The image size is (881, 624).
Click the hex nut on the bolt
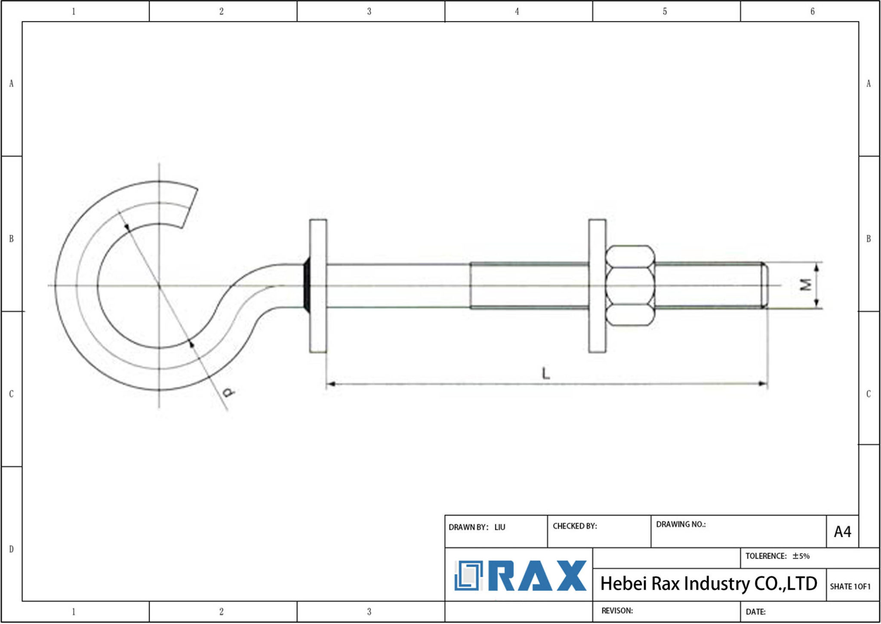tap(630, 286)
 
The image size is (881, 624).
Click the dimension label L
tap(546, 373)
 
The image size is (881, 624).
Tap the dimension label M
tap(805, 285)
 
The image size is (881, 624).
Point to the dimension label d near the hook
tap(229, 392)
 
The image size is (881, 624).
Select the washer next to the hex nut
tap(597, 286)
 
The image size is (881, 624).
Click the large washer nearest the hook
tap(318, 286)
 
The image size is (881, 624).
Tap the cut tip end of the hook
tap(190, 207)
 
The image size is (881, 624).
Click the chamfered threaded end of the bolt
tap(764, 285)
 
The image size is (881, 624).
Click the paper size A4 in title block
tap(842, 532)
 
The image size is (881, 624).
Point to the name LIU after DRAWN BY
tap(499, 527)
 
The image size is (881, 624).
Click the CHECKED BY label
tap(575, 526)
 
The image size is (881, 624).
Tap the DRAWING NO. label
tap(681, 524)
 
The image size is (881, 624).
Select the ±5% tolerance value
tap(801, 556)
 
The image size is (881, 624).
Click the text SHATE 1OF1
tap(850, 587)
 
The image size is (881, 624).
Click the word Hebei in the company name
tap(623, 584)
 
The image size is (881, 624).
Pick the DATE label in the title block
tap(755, 612)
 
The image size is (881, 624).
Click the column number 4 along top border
tap(517, 12)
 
